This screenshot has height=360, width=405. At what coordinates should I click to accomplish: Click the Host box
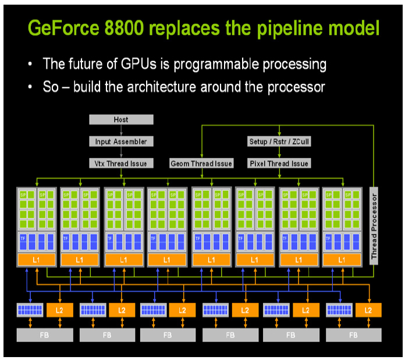pyautogui.click(x=121, y=120)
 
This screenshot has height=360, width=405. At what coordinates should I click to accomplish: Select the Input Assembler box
pyautogui.click(x=121, y=141)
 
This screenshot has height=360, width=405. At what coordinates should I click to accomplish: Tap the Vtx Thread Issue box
pyautogui.click(x=121, y=163)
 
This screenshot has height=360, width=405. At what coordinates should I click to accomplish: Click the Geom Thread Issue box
pyautogui.click(x=201, y=163)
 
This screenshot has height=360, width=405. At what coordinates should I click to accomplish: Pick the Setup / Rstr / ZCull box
pyautogui.click(x=279, y=141)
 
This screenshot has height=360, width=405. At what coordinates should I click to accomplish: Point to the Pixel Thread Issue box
pyautogui.click(x=279, y=163)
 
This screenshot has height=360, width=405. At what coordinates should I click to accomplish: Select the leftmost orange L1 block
pyautogui.click(x=36, y=259)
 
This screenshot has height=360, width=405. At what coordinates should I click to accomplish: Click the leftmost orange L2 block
pyautogui.click(x=59, y=311)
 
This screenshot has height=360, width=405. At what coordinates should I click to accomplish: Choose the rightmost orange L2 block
pyautogui.click(x=368, y=311)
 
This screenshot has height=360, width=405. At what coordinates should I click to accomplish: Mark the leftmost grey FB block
pyautogui.click(x=45, y=335)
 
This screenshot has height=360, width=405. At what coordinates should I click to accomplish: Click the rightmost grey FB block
pyautogui.click(x=353, y=335)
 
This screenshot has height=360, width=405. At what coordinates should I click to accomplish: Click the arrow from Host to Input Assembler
pyautogui.click(x=121, y=131)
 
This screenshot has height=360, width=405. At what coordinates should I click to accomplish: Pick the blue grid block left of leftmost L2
pyautogui.click(x=30, y=311)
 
